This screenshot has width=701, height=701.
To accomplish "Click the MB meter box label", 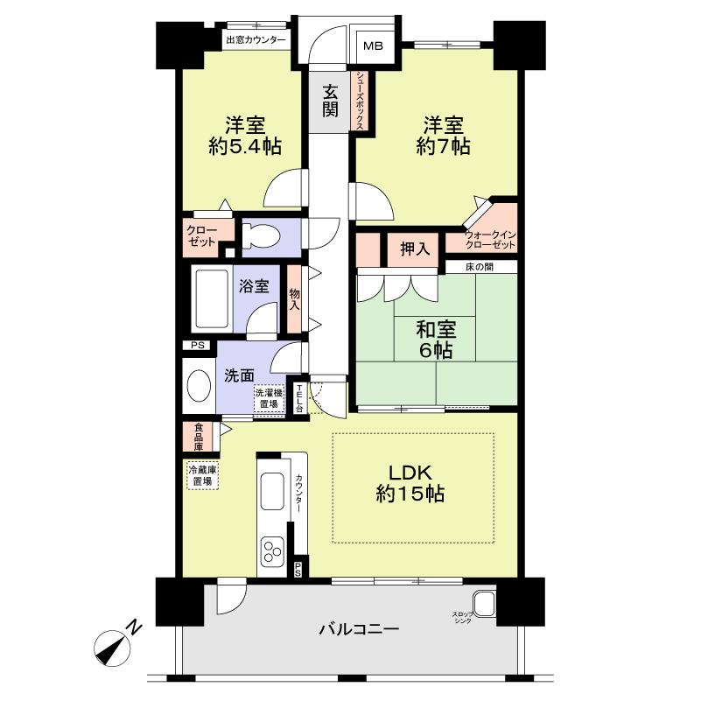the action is (373, 46).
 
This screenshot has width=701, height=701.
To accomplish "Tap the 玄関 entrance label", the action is (330, 102).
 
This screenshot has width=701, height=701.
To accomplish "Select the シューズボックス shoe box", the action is (361, 101).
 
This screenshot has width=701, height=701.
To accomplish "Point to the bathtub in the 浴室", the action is (212, 298).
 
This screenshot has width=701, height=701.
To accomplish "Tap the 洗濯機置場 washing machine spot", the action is (270, 399).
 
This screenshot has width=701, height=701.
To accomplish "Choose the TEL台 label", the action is (299, 398).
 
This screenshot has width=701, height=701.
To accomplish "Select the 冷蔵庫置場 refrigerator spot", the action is (202, 476).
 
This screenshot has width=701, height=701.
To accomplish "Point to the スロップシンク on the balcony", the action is (484, 604).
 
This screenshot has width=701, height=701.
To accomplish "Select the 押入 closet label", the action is (415, 249).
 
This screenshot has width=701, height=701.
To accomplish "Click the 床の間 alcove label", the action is (480, 267).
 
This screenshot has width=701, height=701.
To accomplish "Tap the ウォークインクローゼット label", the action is (490, 240).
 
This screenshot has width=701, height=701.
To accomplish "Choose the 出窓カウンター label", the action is (256, 39).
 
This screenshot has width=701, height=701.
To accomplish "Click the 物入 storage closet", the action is (294, 299).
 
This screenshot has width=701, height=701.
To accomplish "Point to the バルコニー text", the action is (359, 630).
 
